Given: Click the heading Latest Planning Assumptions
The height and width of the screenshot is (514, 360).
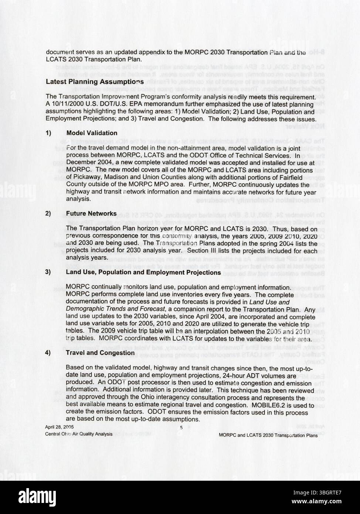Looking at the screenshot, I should tap(95, 82).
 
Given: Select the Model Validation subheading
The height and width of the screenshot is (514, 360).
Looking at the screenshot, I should tap(92, 133).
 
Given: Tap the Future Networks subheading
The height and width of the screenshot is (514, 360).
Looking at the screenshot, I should tap(91, 214).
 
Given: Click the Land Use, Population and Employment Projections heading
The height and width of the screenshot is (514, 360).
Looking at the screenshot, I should tap(143, 273).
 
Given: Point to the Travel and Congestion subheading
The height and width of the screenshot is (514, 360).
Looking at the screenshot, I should tap(100, 353).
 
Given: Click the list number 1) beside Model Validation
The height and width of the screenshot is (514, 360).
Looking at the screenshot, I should tap(48, 133).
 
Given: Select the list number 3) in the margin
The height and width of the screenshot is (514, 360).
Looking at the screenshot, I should tap(48, 273).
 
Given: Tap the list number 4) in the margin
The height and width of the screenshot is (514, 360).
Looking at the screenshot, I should tap(48, 353).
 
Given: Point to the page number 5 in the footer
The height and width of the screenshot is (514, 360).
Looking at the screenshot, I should tap(181, 428).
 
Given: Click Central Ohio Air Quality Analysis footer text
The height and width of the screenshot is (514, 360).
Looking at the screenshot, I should tap(79, 434).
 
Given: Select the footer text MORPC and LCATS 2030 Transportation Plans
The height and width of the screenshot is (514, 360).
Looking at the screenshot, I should tap(268, 435).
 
